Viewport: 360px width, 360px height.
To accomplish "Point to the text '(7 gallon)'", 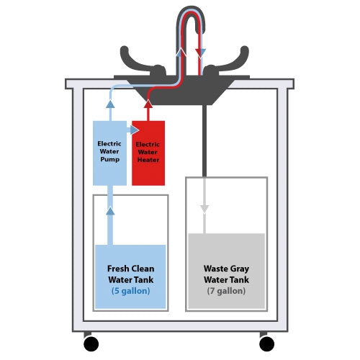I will tap(226, 292).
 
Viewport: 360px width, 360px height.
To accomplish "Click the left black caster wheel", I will tap(91, 343).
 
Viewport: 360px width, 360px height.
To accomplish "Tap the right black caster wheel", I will tap(267, 343).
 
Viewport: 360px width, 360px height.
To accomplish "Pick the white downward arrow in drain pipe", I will tap(204, 208).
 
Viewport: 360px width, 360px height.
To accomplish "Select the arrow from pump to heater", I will tap(135, 130).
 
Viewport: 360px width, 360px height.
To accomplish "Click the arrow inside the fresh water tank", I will tap(110, 210).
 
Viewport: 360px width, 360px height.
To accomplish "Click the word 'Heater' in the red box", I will tap(149, 159).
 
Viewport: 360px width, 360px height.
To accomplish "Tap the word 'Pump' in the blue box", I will tap(109, 159).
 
